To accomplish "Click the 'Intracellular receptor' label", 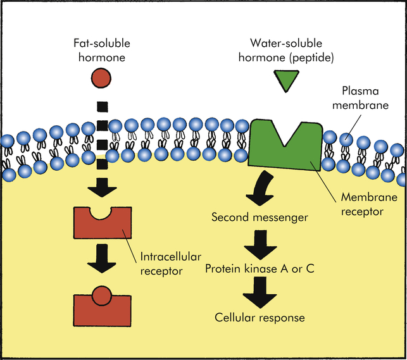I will (x=163, y=264).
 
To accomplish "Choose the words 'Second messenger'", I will (x=259, y=218).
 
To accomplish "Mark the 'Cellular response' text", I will (x=260, y=317).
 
